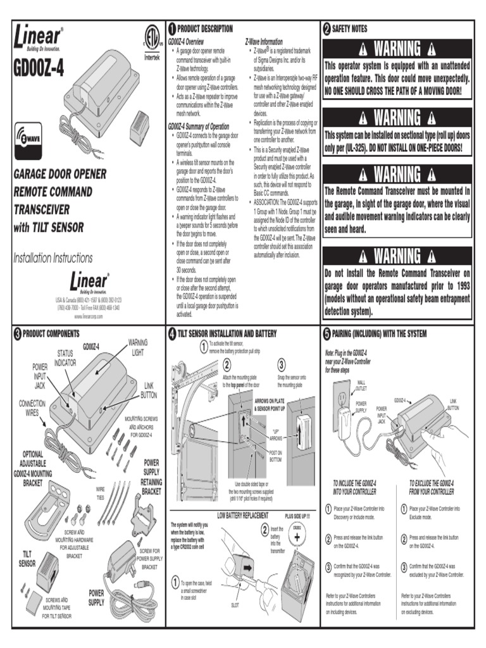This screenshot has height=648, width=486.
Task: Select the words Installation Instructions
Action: tap(53, 258)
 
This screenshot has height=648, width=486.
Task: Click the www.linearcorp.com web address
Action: tap(88, 315)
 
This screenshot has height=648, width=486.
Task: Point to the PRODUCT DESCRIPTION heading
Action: tap(204, 28)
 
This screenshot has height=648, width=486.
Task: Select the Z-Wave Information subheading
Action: tap(264, 41)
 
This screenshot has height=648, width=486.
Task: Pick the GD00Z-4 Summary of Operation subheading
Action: tap(199, 126)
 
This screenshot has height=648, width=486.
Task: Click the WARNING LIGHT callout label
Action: tap(138, 346)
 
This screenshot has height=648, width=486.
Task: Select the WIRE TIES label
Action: tap(101, 493)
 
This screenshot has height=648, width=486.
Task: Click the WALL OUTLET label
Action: tap(361, 385)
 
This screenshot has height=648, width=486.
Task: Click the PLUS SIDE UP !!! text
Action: tap(297, 516)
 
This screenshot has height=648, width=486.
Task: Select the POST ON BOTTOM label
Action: tap(276, 456)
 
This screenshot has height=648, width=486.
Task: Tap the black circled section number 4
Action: tap(172, 333)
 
